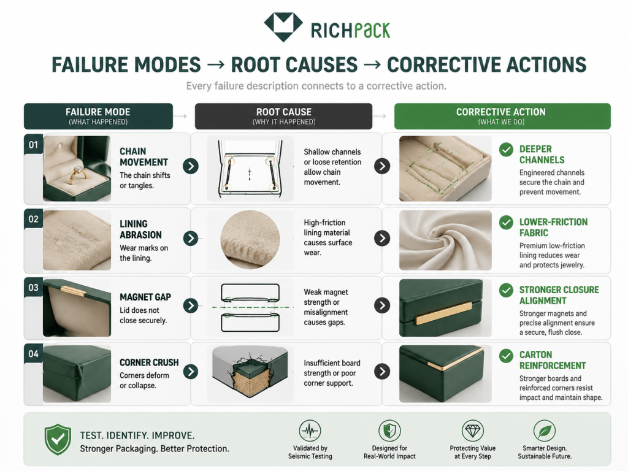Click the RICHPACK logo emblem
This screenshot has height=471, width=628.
point(283,26)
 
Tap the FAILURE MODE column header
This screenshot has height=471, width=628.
point(98,116)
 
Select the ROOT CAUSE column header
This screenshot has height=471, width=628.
point(283,116)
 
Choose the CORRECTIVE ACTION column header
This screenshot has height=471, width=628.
point(502,116)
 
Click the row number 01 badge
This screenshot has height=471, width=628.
point(33,145)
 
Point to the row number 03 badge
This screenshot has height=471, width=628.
point(33,288)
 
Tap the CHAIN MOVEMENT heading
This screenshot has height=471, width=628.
point(144,156)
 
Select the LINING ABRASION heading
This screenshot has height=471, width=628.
point(140,229)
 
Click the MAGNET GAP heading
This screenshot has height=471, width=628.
point(145,297)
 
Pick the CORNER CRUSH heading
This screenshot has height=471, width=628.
point(149,362)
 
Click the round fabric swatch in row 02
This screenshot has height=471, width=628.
point(250,240)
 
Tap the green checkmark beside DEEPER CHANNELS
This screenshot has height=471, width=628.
point(506,150)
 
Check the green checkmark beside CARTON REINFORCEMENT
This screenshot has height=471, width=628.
point(506,356)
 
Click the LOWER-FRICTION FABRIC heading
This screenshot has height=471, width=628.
point(554,227)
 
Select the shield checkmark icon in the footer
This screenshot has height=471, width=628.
point(58,439)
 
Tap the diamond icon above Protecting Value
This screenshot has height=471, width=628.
point(473,431)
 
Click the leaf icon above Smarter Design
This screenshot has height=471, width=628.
point(545,431)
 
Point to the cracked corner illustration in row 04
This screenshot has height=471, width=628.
point(250,373)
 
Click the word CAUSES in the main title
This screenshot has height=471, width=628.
point(294,65)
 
